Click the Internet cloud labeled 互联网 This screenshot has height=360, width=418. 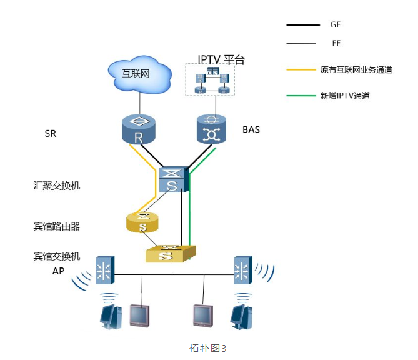(139, 74)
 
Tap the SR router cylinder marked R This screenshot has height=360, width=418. (139, 128)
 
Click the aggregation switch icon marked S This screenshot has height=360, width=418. (172, 179)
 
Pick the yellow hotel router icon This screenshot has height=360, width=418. (142, 221)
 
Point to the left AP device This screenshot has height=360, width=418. (104, 271)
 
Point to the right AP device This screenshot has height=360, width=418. (242, 271)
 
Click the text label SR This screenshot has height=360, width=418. (51, 133)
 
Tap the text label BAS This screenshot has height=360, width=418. (251, 130)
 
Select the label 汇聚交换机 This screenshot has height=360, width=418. (57, 186)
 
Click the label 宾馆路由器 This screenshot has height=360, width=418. (57, 226)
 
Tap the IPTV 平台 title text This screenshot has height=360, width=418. (221, 60)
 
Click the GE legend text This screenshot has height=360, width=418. (336, 25)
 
